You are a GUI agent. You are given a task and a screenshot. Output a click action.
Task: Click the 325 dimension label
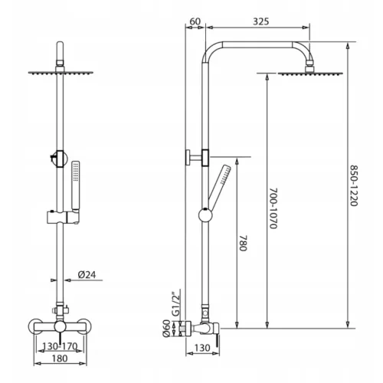point(261,21)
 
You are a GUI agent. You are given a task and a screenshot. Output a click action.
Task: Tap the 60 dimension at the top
point(195,21)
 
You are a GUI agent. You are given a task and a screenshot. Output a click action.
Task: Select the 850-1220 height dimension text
point(354,185)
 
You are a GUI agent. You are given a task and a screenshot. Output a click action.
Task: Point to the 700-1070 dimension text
point(273,208)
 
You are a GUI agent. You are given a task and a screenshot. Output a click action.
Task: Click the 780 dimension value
point(243,243)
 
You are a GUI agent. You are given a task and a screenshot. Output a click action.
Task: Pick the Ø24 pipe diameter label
point(87,275)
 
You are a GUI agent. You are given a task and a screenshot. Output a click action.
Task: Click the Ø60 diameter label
point(166,329)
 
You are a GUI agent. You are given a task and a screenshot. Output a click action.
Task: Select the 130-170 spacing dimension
point(60,346)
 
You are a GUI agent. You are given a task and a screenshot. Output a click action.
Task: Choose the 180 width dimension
point(60,358)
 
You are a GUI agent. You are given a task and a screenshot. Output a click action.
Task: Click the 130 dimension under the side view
point(202,348)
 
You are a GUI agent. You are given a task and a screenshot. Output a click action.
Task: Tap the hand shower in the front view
point(76,187)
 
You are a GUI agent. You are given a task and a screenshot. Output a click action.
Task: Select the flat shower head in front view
point(61,73)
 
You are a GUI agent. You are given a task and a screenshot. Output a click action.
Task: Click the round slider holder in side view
point(205,215)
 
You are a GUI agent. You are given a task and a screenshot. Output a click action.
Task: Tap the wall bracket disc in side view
point(188,158)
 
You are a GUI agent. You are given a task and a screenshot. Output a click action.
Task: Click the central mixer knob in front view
point(60,327)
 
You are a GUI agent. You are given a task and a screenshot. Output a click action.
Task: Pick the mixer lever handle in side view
point(218,341)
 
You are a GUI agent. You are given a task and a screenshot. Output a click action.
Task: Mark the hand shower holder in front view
point(64,218)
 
